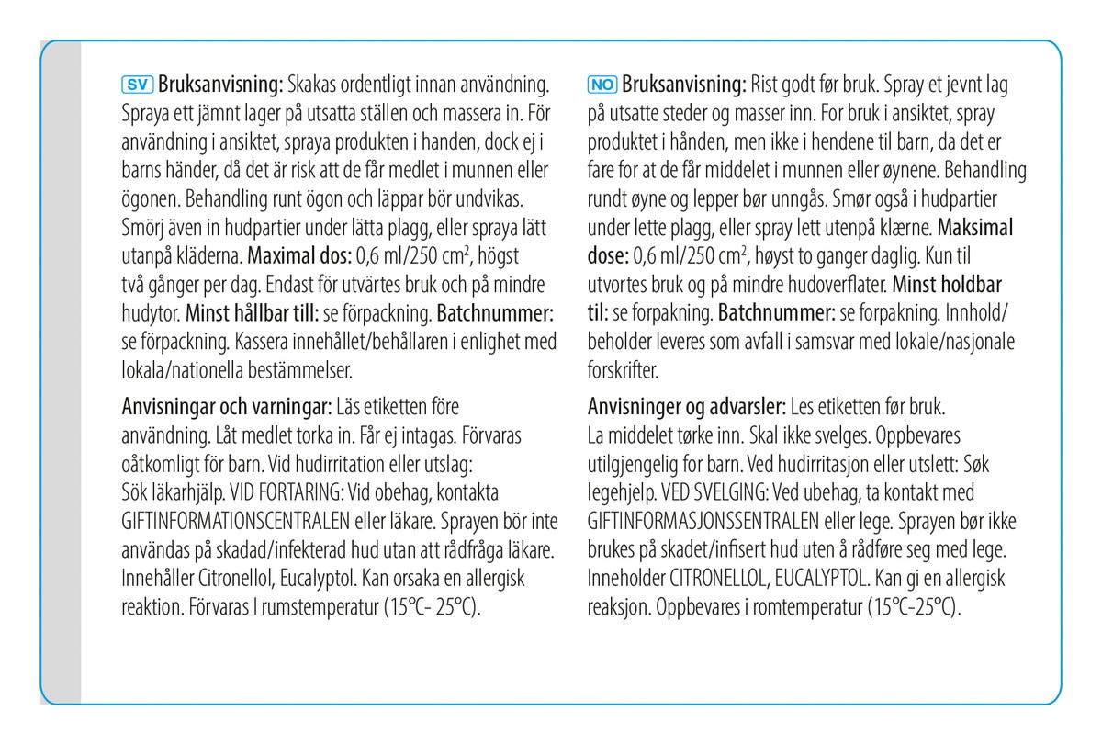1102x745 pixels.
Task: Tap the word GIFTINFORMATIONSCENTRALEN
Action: click(x=234, y=523)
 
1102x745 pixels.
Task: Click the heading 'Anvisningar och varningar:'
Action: click(x=227, y=404)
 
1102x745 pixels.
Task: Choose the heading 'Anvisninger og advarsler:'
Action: click(x=683, y=404)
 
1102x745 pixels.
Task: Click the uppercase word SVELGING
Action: click(x=742, y=493)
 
